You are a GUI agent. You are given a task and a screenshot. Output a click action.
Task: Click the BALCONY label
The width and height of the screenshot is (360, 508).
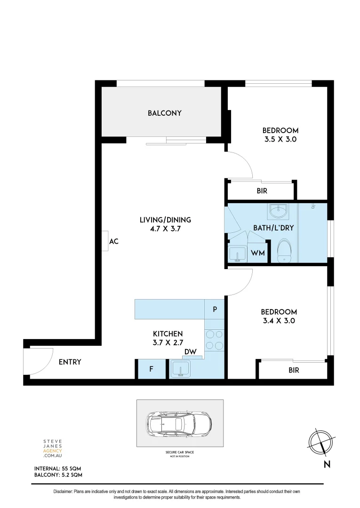(x=164, y=113)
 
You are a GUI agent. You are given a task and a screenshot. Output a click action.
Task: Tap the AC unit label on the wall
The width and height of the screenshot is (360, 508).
(x=113, y=241)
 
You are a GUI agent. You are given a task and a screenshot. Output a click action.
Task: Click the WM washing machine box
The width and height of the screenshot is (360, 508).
(x=257, y=253)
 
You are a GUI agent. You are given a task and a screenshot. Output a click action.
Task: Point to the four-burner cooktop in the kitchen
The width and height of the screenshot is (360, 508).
(x=215, y=340)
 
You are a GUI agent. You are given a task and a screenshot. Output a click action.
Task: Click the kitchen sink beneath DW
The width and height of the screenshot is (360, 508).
(x=180, y=369)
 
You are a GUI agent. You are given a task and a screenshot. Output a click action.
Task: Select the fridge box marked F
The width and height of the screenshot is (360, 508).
(x=151, y=369)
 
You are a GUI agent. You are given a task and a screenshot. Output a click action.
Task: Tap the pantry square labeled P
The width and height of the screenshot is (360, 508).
(x=215, y=310)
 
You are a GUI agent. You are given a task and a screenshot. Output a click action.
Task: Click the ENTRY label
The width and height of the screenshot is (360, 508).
(x=70, y=362)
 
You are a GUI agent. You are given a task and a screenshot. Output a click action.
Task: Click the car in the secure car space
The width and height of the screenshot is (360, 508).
(x=179, y=423)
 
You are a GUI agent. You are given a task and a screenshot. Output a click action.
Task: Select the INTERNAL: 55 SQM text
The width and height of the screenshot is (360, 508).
(x=58, y=469)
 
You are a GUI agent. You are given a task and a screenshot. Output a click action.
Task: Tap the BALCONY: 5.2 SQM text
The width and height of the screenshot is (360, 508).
(x=58, y=476)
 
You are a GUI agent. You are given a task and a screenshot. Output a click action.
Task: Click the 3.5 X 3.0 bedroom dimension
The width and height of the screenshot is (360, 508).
(x=280, y=139)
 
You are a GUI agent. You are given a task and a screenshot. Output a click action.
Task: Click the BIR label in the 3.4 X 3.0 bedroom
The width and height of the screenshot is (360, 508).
(x=294, y=370)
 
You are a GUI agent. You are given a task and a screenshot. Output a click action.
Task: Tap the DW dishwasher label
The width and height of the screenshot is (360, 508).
(x=190, y=352)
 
